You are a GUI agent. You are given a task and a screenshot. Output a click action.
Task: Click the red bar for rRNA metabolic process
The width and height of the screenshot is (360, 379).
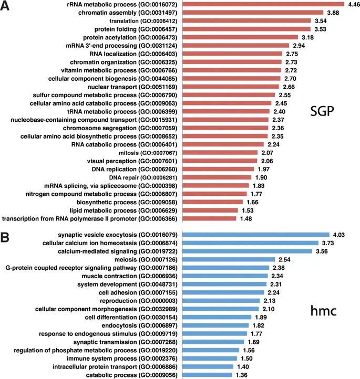[x=263, y=4]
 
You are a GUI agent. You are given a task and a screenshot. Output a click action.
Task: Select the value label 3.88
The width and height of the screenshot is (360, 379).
[x=318, y=13]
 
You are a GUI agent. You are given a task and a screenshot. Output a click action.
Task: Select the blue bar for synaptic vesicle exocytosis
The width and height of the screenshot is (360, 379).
[x=255, y=235]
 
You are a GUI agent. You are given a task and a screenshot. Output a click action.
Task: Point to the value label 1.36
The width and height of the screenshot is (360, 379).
[x=242, y=375]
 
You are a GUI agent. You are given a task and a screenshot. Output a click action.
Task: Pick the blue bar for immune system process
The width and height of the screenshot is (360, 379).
[x=209, y=359]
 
